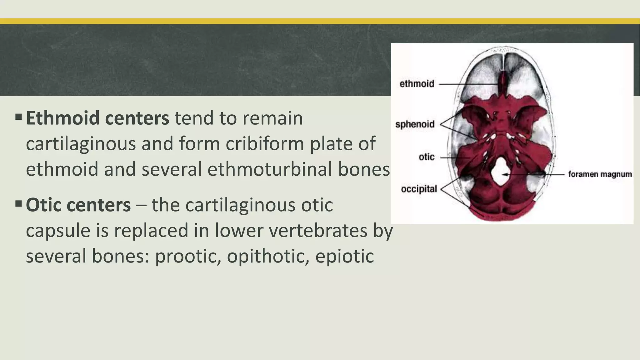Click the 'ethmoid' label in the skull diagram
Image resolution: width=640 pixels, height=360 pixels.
tap(417, 84)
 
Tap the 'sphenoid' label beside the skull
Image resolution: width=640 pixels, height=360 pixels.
tap(415, 124)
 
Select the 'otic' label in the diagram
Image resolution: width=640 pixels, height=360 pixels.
tap(426, 157)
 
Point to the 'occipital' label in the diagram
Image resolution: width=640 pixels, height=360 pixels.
tap(419, 189)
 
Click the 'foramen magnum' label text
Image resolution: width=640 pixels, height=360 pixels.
tap(600, 174)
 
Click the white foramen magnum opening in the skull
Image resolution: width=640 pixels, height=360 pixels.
tap(500, 171)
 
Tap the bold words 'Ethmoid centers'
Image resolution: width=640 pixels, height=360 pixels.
tap(97, 118)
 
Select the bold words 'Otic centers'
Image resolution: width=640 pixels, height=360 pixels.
tap(78, 205)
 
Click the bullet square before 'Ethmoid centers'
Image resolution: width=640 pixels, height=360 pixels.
tap(18, 117)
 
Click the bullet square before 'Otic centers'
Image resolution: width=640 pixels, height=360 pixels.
tap(18, 204)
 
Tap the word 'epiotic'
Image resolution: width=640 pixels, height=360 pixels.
tap(344, 256)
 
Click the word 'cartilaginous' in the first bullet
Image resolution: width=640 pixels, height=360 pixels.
tap(81, 144)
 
